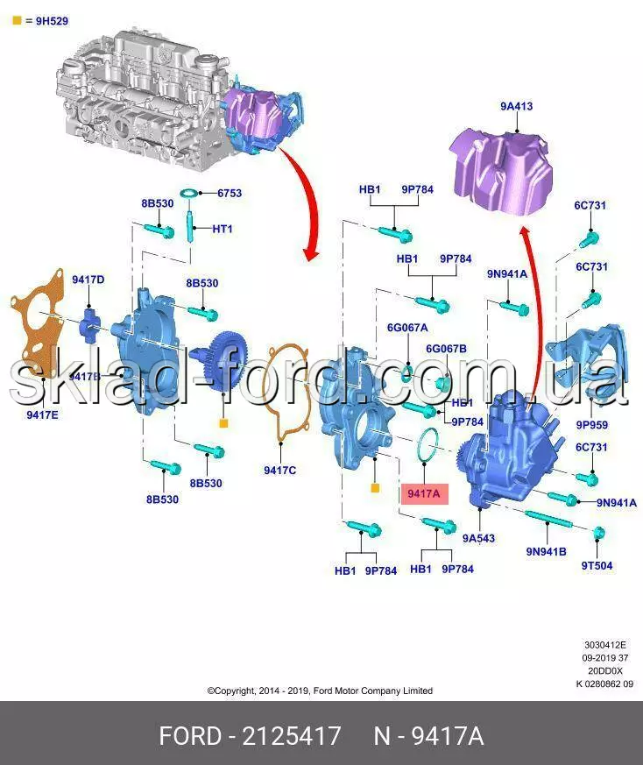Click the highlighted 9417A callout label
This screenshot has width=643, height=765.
(424, 494)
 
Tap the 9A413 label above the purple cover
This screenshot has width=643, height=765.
(516, 107)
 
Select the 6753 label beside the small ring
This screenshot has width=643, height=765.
(230, 193)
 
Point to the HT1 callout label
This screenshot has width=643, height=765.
(223, 229)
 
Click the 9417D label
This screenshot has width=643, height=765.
(88, 280)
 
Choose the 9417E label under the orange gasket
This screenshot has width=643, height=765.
(41, 414)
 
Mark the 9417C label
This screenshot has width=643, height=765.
(279, 471)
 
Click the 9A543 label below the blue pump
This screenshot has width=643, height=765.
(479, 539)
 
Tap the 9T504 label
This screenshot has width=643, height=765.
(597, 566)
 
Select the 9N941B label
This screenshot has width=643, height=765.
(546, 552)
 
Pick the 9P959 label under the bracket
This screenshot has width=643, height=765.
(591, 425)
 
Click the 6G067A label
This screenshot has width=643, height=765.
(407, 328)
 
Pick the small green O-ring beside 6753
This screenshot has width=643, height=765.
(187, 193)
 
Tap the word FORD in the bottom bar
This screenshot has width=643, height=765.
(189, 736)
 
